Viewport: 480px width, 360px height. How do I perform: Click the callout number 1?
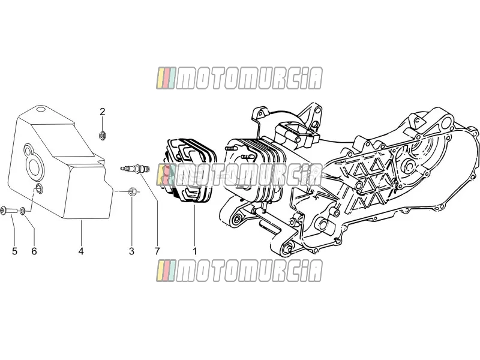pyautogui.click(x=194, y=251)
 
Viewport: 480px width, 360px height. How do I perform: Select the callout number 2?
pyautogui.click(x=102, y=112)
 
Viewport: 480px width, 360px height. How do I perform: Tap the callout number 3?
pyautogui.click(x=131, y=251)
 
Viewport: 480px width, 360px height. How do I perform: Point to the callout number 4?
pyautogui.click(x=81, y=251)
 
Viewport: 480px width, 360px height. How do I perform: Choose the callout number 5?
pyautogui.click(x=14, y=251)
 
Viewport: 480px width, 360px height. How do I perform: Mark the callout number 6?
pyautogui.click(x=34, y=251)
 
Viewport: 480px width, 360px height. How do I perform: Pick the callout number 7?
pyautogui.click(x=157, y=251)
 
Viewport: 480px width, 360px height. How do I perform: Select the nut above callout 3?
pyautogui.click(x=132, y=191)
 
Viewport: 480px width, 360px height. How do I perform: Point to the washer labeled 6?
pyautogui.click(x=23, y=211)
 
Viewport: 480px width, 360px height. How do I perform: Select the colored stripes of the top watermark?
pyautogui.click(x=166, y=79)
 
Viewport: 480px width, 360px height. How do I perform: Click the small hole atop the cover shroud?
pyautogui.click(x=40, y=109)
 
